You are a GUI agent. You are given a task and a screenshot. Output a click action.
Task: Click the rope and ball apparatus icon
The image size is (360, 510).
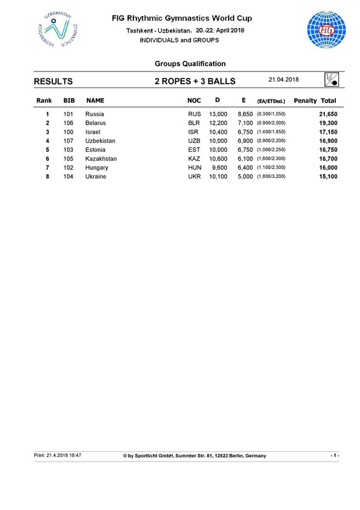pos(331,80)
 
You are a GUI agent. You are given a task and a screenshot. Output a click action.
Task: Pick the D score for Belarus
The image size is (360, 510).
pos(217,122)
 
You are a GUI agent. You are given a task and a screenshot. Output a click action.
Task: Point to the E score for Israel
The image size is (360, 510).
pos(243,131)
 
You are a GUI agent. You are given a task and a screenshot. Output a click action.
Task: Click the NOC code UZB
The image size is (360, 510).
pos(194,140)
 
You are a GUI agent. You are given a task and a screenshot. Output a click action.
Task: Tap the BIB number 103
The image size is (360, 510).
pos(69,149)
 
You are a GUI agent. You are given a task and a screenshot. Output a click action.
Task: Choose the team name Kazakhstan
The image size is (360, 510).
pos(101,158)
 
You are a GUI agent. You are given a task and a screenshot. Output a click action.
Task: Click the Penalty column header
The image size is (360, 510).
pos(305,101)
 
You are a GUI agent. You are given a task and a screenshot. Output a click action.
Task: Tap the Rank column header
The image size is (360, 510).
pos(44,101)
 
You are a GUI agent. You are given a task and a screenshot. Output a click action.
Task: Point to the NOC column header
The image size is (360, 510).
pos(194,101)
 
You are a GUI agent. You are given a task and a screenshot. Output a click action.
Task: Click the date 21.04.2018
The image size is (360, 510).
pos(284,79)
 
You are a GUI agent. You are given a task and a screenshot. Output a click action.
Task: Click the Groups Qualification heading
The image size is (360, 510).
pos(190,64)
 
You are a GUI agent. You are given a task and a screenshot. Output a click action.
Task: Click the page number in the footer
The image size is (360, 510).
pos(335,455)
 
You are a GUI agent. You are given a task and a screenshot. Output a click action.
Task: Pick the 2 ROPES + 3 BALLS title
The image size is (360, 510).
pos(195,82)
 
